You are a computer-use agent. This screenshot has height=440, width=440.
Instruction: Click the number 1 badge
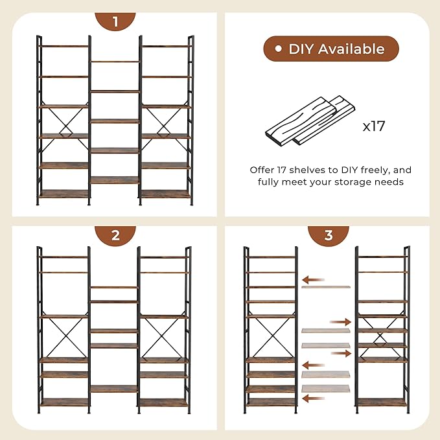coord(115,21)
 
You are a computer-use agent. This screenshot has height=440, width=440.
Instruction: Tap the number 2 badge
coord(115,235)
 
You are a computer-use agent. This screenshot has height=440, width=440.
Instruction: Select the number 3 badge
coord(329,235)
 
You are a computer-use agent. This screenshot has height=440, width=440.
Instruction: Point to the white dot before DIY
coord(278,49)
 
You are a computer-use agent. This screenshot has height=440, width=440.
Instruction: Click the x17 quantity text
coord(374,126)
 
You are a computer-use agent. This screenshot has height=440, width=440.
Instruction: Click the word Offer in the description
coord(263,170)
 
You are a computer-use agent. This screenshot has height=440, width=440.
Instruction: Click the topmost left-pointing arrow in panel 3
coord(313,279)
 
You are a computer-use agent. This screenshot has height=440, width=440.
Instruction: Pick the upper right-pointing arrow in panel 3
coord(340,321)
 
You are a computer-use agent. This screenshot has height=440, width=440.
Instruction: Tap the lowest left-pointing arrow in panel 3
coord(313,399)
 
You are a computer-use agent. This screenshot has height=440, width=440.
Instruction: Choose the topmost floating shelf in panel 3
coord(325,287)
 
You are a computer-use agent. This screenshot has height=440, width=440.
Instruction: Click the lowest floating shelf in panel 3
coord(325,389)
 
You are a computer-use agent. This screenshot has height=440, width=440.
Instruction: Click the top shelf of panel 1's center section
coord(115,62)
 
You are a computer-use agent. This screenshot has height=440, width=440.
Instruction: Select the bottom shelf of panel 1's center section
coord(115,179)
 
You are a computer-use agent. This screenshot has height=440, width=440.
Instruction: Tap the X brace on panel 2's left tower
coord(64,338)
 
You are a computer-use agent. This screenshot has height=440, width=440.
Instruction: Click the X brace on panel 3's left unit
coord(270,338)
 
